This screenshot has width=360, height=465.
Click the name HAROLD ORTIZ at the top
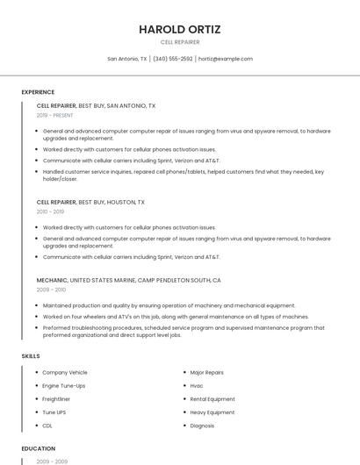[x=180, y=29]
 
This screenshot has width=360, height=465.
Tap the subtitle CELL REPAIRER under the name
[x=180, y=42]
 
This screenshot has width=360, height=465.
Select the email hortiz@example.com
[x=226, y=59]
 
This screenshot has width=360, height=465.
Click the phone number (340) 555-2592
[x=172, y=59]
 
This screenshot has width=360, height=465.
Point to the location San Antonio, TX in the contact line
[x=127, y=59]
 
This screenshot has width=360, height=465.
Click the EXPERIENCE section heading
[x=38, y=92]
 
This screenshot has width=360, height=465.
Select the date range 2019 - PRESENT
[x=54, y=115]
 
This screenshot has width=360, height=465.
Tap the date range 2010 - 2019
[x=50, y=211]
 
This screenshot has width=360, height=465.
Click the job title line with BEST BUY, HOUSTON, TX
[x=90, y=202]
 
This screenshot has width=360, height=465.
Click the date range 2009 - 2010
[x=51, y=290]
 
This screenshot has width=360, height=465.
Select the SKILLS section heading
[x=31, y=356]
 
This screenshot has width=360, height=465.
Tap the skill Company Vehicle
[x=65, y=373]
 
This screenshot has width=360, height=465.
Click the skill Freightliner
[x=58, y=399]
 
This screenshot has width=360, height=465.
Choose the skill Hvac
[x=197, y=386]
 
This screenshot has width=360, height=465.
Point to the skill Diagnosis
[x=202, y=426]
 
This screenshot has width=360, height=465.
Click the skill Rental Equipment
[x=212, y=399]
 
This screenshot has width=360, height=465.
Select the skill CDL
[x=47, y=426]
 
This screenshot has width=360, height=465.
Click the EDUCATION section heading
[x=39, y=448]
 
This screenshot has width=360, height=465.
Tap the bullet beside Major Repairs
[x=183, y=373]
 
